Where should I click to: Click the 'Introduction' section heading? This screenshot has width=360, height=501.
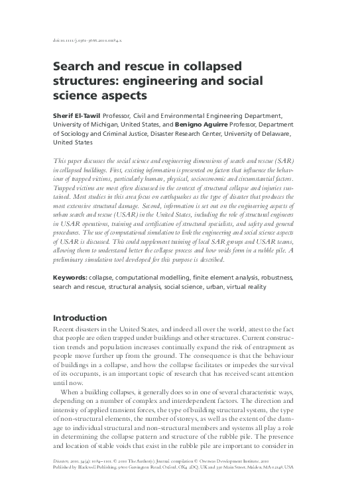(80, 317)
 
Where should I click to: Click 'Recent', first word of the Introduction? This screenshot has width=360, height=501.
(64, 330)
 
